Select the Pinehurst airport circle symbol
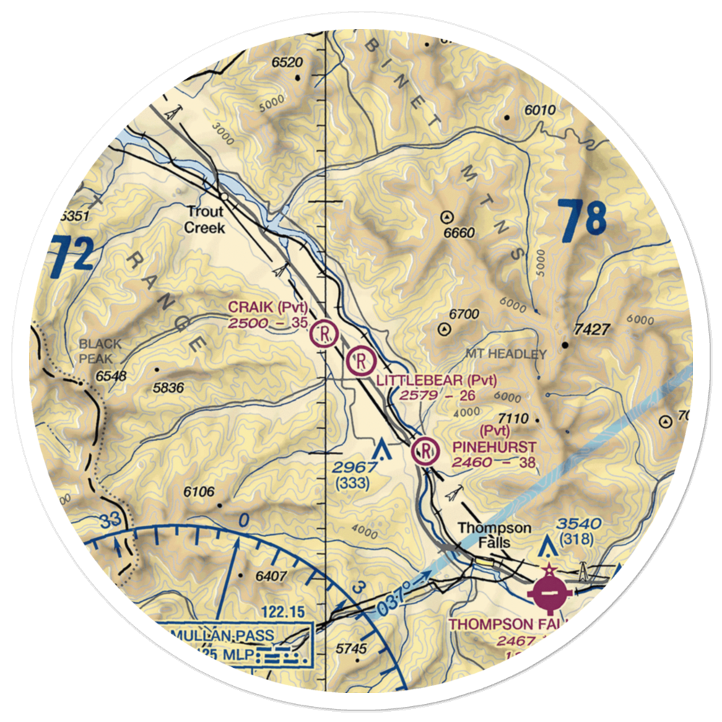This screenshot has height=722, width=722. [425, 452]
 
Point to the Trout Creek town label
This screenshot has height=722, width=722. [205, 220]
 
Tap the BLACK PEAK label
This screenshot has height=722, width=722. [100, 351]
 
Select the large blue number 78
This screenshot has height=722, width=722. [581, 221]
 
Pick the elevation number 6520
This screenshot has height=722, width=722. [287, 63]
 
